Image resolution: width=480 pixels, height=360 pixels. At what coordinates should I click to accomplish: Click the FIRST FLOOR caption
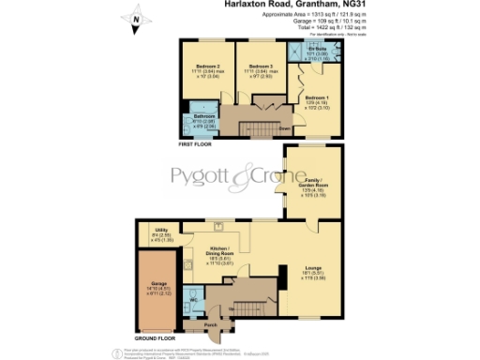click(195, 144)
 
